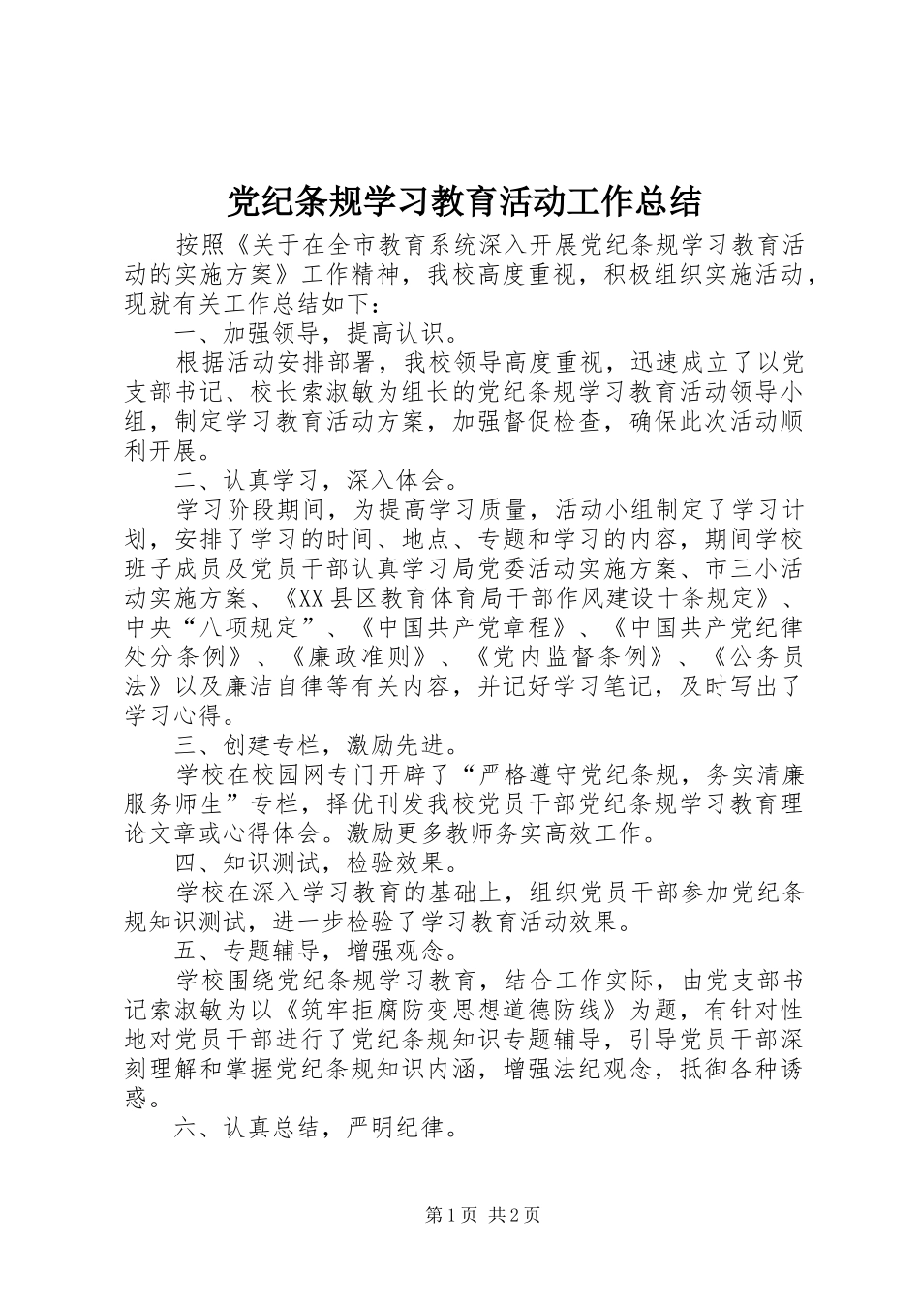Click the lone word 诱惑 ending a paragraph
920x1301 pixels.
tap(138, 1099)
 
